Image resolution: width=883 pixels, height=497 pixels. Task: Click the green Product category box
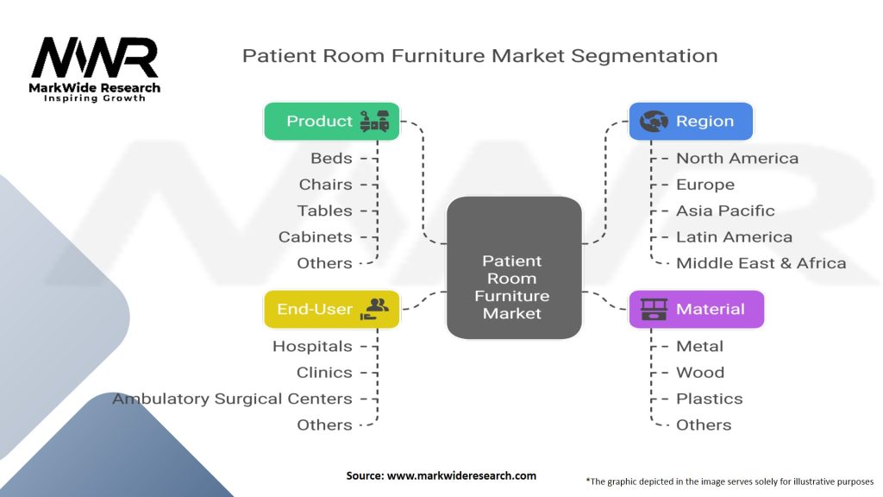332,122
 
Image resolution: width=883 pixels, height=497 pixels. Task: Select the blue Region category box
691,122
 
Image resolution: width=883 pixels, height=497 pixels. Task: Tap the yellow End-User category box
332,309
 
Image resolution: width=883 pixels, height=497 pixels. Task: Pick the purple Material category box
697,309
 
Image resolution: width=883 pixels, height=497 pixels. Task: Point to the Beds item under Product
332,158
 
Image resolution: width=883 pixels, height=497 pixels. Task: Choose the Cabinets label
315,236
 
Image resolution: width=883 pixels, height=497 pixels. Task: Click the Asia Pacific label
725,211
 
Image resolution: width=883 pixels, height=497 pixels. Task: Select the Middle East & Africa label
761,263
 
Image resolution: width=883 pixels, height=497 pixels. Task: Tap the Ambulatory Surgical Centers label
232,399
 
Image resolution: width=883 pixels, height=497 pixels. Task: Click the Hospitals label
312,346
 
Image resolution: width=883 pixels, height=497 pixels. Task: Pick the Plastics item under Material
709,399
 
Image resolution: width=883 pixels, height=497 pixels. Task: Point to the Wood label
700,373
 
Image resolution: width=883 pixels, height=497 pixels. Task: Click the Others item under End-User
324,425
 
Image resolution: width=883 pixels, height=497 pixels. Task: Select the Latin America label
734,236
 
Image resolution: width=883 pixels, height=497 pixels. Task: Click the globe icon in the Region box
654,122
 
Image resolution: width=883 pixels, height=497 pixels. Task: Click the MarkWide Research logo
95,69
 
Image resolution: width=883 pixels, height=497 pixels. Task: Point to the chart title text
479,56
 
